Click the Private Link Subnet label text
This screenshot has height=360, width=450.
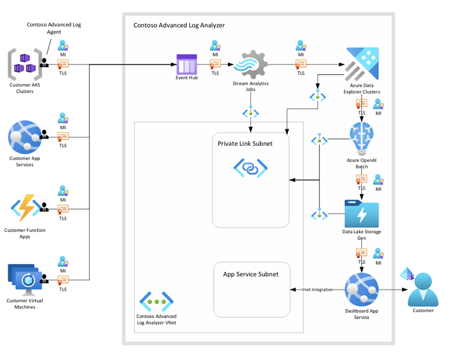pyautogui.click(x=245, y=144)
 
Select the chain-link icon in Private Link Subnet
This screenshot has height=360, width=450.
pyautogui.click(x=250, y=168)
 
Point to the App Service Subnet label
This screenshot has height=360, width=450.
pyautogui.click(x=251, y=274)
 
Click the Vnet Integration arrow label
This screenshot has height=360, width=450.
pyautogui.click(x=317, y=290)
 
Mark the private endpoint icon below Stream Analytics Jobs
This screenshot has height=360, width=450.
pyautogui.click(x=251, y=113)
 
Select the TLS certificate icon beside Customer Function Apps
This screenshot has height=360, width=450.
pyautogui.click(x=63, y=208)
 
